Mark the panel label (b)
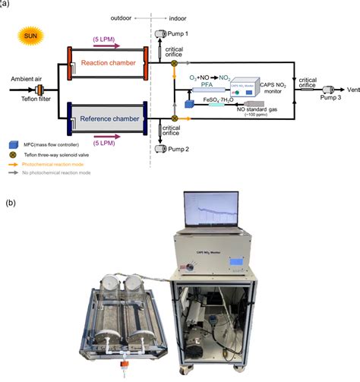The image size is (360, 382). [x=10, y=203]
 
